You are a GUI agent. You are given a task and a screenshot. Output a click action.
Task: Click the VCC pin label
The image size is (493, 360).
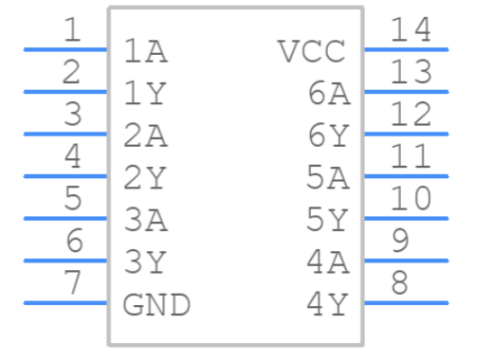(312, 51)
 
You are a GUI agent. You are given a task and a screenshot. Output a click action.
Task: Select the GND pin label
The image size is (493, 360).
(156, 305)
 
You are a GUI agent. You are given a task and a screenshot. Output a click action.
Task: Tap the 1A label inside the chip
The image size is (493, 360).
(145, 51)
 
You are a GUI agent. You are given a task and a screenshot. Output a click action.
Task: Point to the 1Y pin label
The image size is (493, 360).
(145, 94)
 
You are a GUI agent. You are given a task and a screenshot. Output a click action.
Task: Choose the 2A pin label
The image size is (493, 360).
(145, 136)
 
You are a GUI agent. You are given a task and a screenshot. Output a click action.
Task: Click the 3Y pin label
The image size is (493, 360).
(145, 262)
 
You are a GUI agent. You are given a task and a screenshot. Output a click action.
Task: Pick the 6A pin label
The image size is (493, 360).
(329, 94)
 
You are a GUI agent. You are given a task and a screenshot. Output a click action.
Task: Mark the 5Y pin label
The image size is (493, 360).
(329, 221)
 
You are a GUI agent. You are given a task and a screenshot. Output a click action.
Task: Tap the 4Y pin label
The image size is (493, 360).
(329, 305)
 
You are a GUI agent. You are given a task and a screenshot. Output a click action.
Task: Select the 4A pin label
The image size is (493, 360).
(329, 262)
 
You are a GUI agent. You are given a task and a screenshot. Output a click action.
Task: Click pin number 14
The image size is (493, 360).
(411, 30)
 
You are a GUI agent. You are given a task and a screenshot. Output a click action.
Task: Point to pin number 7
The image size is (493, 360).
(72, 283)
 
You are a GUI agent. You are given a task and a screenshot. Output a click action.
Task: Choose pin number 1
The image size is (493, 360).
(72, 30)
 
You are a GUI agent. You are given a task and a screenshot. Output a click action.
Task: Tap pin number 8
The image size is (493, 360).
(399, 283)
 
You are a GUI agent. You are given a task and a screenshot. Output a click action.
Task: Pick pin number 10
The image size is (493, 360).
(411, 199)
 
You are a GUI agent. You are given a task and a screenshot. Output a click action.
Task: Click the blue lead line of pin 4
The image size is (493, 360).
(65, 176)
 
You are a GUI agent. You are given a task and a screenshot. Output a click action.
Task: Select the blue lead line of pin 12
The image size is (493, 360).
(405, 134)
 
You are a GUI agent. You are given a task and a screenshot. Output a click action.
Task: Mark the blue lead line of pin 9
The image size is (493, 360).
(405, 261)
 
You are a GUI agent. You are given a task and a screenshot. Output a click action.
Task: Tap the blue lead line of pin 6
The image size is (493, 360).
(65, 261)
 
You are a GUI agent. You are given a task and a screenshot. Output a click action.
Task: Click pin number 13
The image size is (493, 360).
(411, 72)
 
